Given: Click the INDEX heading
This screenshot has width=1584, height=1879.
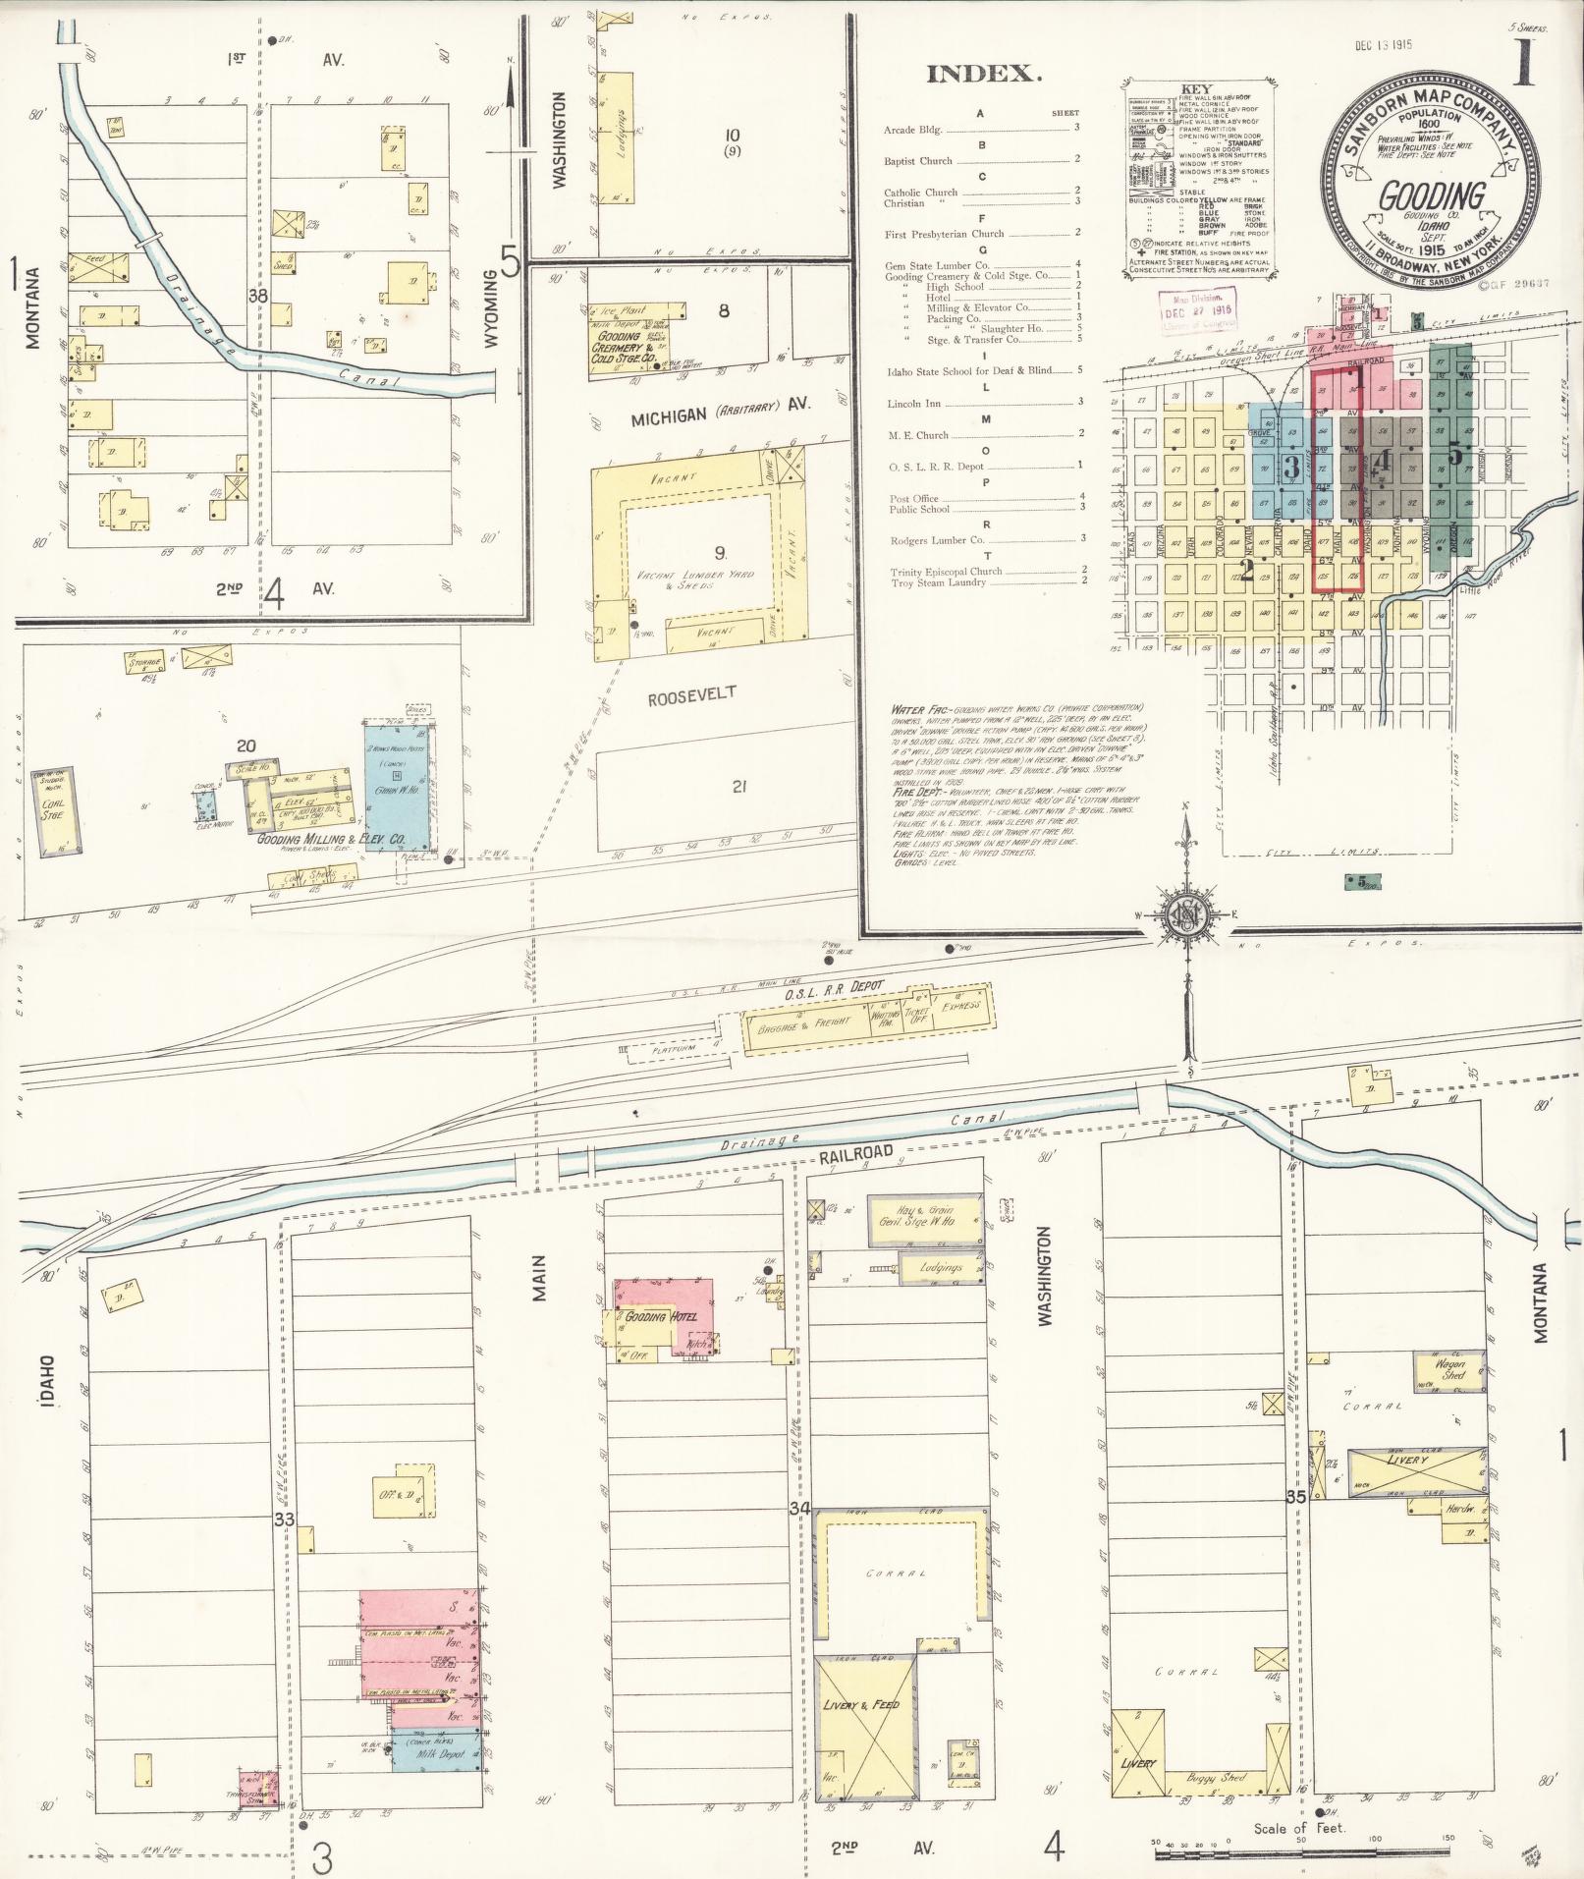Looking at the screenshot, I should [x=982, y=74].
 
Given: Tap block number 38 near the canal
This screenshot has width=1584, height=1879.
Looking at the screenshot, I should [x=258, y=295].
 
